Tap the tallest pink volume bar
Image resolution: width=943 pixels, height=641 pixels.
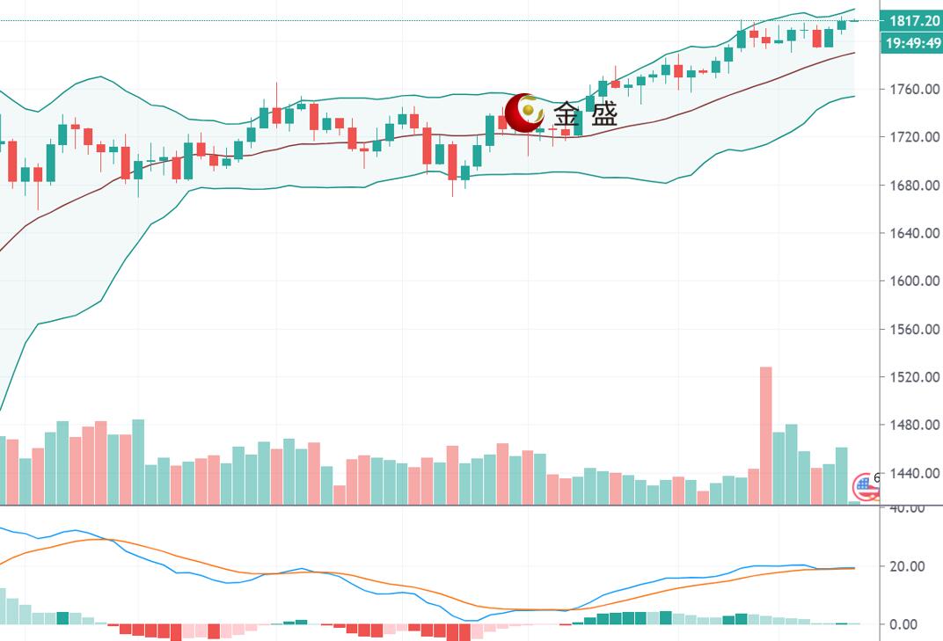765,435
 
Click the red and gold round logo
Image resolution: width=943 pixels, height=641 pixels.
525,112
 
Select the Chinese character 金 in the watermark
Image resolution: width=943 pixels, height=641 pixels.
567,114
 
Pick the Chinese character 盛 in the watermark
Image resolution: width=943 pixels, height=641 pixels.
603,114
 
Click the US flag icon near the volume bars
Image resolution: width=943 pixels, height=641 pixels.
866,485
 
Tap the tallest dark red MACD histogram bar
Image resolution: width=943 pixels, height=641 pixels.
459,632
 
